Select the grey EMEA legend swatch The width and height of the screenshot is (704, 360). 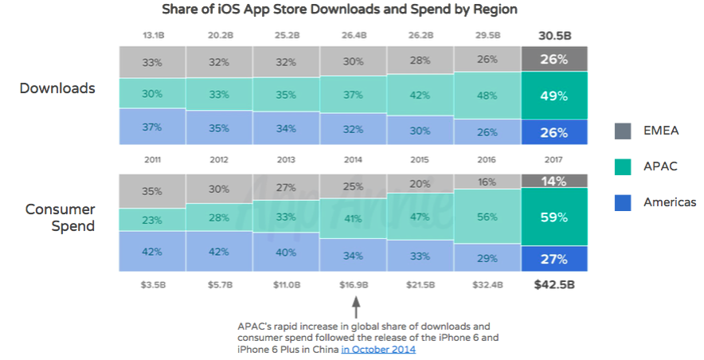pos(624,131)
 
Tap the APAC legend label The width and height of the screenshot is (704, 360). pos(660,166)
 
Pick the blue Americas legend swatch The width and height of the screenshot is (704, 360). pos(624,202)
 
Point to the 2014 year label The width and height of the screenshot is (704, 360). pos(353,160)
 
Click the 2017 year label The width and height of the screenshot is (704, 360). pos(554,160)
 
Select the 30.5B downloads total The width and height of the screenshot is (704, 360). pos(554,35)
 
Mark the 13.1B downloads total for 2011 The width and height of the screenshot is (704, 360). pos(153,35)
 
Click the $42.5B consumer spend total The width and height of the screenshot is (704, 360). pos(554,283)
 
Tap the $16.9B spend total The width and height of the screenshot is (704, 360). pos(353,283)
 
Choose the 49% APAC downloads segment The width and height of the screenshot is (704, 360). pos(554,96)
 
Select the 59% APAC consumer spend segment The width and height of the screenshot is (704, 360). pos(554,217)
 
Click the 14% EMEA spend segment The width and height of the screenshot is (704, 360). pos(554,181)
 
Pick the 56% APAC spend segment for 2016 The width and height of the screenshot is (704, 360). pos(487,214)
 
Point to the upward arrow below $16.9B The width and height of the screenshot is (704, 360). pos(356,307)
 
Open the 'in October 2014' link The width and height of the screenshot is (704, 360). pos(378,349)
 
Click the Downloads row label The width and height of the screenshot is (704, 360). pos(57,88)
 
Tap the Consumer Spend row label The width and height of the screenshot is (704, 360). pos(60,217)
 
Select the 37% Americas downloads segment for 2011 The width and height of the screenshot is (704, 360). pos(153,127)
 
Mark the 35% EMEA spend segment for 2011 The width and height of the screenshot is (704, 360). pos(153,191)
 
